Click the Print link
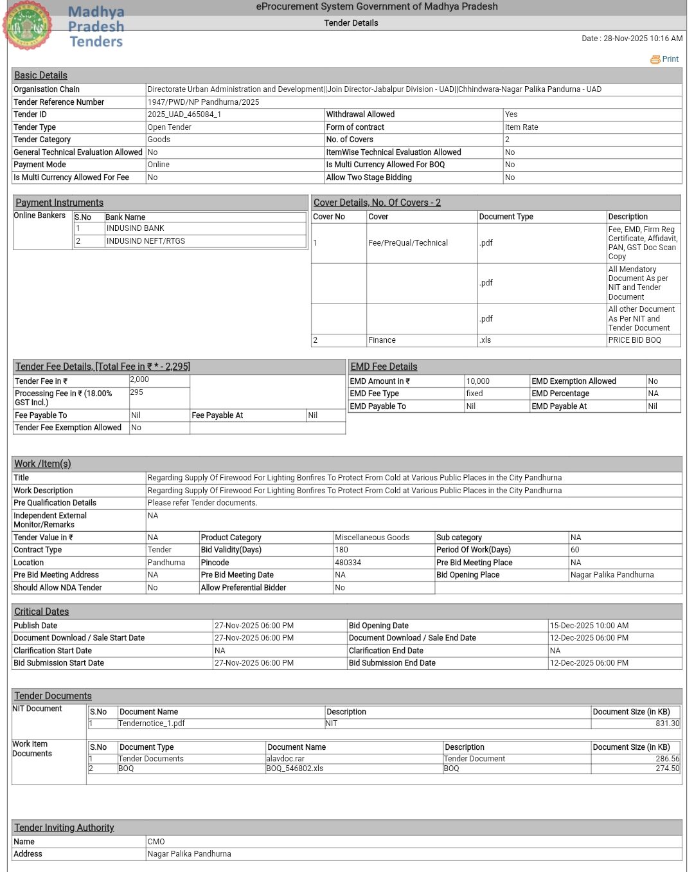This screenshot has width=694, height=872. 666,59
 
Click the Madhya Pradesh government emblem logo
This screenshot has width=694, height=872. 28,25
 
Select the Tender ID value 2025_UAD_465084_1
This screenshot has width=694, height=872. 184,114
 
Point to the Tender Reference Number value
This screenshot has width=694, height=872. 203,102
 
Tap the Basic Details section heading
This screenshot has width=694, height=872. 40,75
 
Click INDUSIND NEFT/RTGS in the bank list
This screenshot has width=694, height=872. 146,241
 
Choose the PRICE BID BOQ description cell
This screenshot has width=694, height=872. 634,340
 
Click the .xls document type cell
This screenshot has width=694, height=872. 485,340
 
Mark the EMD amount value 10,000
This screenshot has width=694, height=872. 478,381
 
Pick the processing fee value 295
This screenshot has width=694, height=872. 137,392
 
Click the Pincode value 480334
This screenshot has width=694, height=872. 348,563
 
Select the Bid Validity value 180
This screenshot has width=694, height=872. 341,550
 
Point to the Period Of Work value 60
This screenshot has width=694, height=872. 574,550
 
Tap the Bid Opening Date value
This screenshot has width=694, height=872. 589,626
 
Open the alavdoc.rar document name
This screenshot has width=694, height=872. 285,759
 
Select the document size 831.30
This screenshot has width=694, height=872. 667,723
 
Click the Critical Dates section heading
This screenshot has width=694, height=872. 42,612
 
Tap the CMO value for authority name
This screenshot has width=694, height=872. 156,842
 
